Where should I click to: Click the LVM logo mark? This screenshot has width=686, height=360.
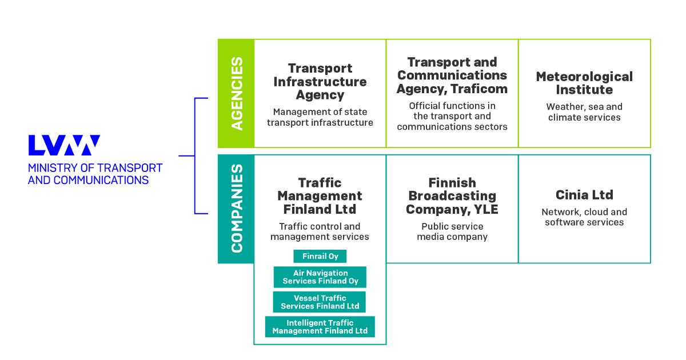pyautogui.click(x=64, y=145)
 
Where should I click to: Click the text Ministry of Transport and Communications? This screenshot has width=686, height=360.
pyautogui.click(x=95, y=174)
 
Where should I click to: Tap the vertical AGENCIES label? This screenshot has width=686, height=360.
pyautogui.click(x=236, y=93)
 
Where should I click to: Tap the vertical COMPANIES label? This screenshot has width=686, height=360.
pyautogui.click(x=236, y=209)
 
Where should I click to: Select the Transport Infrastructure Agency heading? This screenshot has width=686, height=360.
pyautogui.click(x=320, y=82)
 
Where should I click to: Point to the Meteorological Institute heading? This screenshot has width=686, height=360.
pyautogui.click(x=584, y=83)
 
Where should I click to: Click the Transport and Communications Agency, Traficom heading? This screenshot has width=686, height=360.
pyautogui.click(x=452, y=75)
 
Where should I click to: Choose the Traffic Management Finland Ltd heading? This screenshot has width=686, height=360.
pyautogui.click(x=320, y=195)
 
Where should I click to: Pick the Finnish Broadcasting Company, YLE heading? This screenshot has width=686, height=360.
pyautogui.click(x=452, y=196)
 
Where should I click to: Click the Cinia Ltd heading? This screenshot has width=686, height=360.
pyautogui.click(x=584, y=195)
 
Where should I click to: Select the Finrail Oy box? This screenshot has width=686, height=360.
pyautogui.click(x=320, y=256)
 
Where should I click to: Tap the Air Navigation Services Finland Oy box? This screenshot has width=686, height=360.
pyautogui.click(x=320, y=277)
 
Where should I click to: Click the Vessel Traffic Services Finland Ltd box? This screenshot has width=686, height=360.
pyautogui.click(x=320, y=302)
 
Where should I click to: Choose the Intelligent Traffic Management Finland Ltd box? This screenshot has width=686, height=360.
pyautogui.click(x=320, y=327)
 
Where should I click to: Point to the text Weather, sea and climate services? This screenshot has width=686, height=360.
pyautogui.click(x=584, y=112)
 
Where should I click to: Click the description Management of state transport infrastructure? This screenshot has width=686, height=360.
pyautogui.click(x=320, y=117)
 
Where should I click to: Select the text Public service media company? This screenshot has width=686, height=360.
pyautogui.click(x=452, y=231)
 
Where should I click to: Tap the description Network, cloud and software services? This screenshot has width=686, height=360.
pyautogui.click(x=584, y=217)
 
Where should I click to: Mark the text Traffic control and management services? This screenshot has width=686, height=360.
pyautogui.click(x=320, y=231)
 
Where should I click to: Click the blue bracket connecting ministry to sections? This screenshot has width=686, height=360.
pyautogui.click(x=195, y=155)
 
